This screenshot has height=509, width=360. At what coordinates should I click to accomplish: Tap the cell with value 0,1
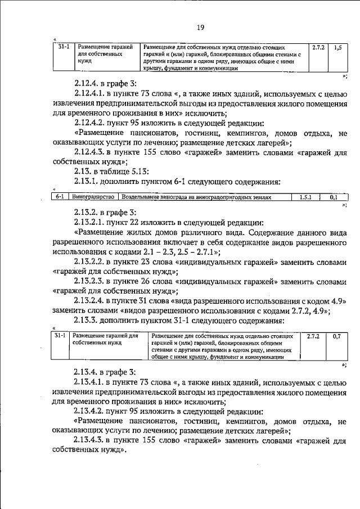(x=334, y=197)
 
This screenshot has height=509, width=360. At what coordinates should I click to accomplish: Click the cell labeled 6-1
(x=61, y=197)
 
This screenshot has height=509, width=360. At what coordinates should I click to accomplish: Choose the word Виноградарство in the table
(x=93, y=197)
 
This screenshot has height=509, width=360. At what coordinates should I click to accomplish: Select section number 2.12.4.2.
(x=91, y=123)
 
